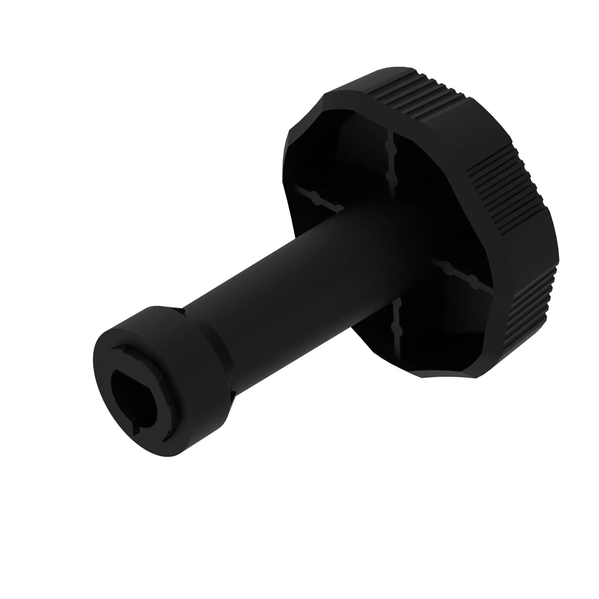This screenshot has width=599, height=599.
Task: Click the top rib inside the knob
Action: coord(391,161)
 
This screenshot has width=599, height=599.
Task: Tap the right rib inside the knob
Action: coord(462,276)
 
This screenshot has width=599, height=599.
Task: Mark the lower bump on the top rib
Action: coord(391,178)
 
